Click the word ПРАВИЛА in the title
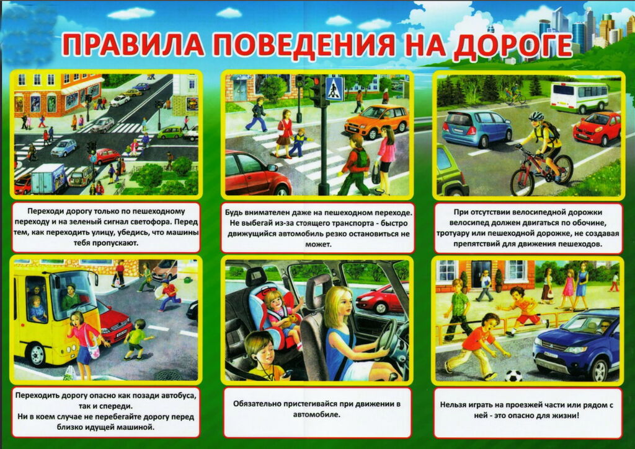point(133,44)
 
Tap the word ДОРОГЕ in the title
point(512,45)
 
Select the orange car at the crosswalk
point(376,121)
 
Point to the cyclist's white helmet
point(536,116)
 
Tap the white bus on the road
point(579,97)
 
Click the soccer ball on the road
point(513,376)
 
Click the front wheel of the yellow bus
point(37,354)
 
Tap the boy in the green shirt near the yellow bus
point(138,339)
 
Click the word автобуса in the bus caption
point(177,395)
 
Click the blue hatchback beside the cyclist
point(476,128)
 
